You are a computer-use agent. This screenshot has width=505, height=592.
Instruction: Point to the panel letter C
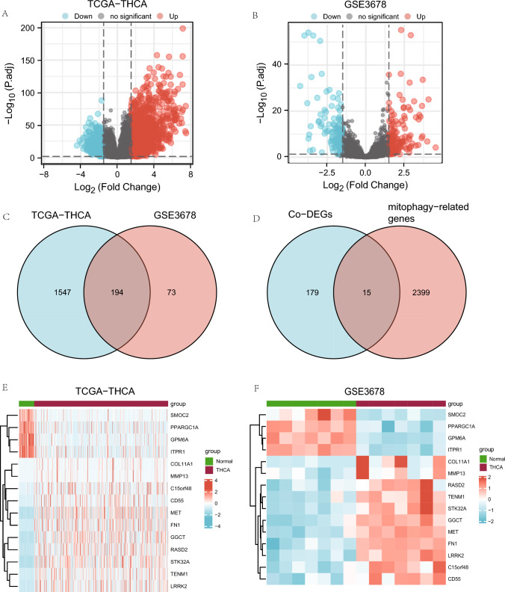point(5,220)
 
